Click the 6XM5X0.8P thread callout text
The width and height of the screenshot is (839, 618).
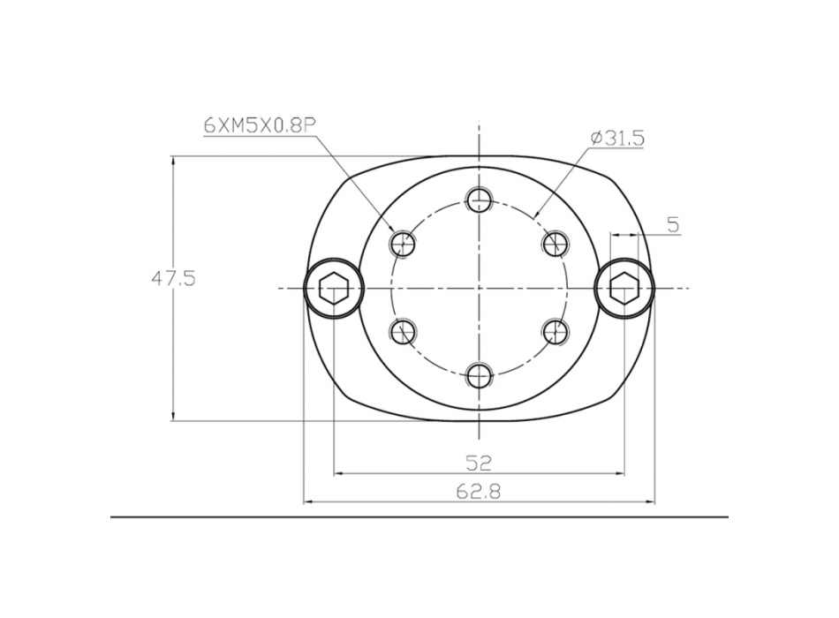[260, 125]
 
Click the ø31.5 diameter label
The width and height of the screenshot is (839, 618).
[617, 138]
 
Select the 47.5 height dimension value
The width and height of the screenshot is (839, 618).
[173, 278]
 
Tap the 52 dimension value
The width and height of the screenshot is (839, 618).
[479, 463]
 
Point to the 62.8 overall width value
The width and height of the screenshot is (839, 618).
[479, 491]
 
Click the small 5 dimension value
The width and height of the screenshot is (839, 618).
[673, 225]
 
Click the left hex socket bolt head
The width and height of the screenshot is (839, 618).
[333, 289]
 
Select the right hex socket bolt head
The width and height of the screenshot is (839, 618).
[624, 289]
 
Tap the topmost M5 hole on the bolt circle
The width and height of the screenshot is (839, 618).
[479, 200]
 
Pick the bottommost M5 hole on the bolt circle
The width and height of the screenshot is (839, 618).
[479, 376]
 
